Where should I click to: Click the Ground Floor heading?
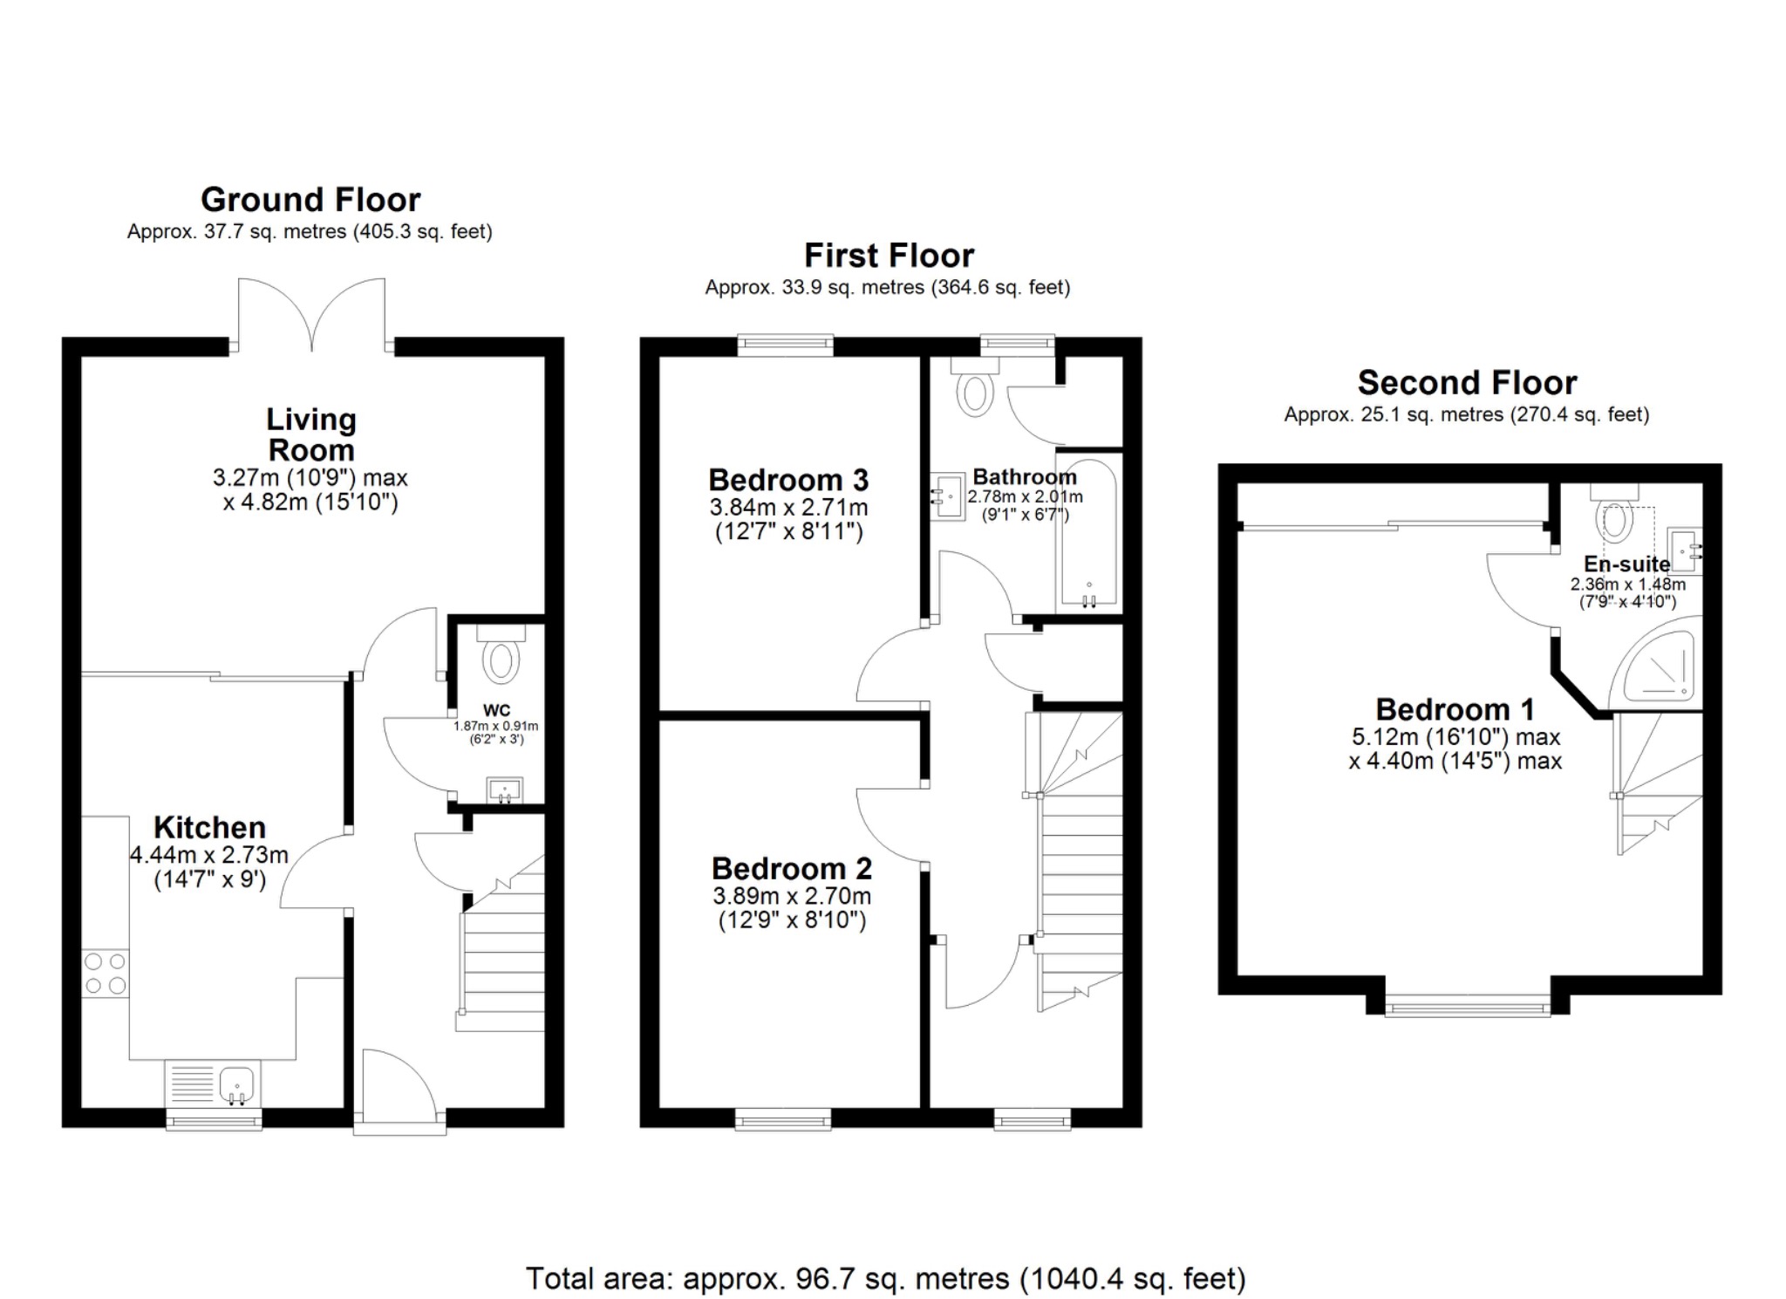pyautogui.click(x=310, y=200)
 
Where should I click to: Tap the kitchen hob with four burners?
pyautogui.click(x=106, y=974)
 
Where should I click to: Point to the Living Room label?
pyautogui.click(x=311, y=434)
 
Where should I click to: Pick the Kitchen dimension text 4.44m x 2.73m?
pyautogui.click(x=209, y=855)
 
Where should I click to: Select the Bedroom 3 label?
pyautogui.click(x=788, y=480)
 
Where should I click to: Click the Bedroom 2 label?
pyautogui.click(x=791, y=868)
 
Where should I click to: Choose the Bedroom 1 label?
pyautogui.click(x=1455, y=708)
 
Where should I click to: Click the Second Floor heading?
pyautogui.click(x=1467, y=383)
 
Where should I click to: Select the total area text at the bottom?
pyautogui.click(x=885, y=1278)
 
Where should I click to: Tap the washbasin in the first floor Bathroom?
pyautogui.click(x=946, y=496)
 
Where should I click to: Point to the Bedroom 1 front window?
pyautogui.click(x=1468, y=1008)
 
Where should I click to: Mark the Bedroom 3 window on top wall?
pyautogui.click(x=785, y=345)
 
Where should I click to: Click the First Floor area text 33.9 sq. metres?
pyautogui.click(x=887, y=287)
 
